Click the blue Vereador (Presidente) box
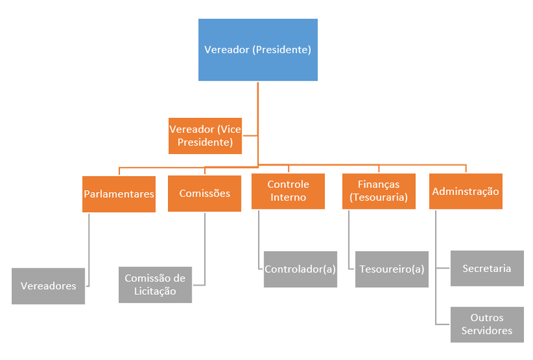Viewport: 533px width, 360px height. point(257,50)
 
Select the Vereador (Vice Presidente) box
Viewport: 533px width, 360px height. point(205,136)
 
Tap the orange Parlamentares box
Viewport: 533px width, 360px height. point(119,194)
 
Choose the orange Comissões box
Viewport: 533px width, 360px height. point(204,194)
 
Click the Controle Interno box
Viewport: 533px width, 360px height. point(288,191)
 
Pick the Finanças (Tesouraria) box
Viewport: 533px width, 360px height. point(378,191)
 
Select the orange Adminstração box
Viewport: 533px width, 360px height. point(465,191)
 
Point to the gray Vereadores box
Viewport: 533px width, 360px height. point(48,286)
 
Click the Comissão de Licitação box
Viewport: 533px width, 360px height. point(155,285)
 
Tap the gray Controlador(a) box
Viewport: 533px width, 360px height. point(301,269)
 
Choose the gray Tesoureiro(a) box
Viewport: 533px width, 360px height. point(392,269)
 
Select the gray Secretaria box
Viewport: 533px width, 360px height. point(487,268)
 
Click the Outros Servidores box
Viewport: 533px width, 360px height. point(487,324)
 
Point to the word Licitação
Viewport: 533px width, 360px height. point(155,291)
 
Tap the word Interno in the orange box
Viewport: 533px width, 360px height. point(288,197)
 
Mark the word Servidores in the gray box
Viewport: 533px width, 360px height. point(487,331)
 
